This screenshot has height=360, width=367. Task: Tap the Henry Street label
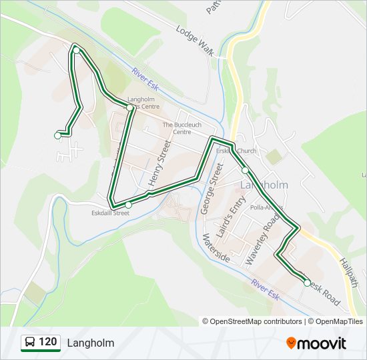156,166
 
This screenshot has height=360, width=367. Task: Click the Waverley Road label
260,233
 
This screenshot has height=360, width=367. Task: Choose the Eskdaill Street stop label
110,213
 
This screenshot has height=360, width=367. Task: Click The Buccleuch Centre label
181,128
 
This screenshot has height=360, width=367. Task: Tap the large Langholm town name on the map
264,185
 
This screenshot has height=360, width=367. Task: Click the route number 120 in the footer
48,343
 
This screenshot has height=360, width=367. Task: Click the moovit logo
316,343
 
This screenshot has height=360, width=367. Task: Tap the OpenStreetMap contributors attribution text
252,321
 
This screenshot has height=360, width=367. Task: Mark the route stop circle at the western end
57,135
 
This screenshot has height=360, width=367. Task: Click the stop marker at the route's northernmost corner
77,51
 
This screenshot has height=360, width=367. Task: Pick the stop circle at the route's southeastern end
307,283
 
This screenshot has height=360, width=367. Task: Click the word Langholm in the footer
90,343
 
